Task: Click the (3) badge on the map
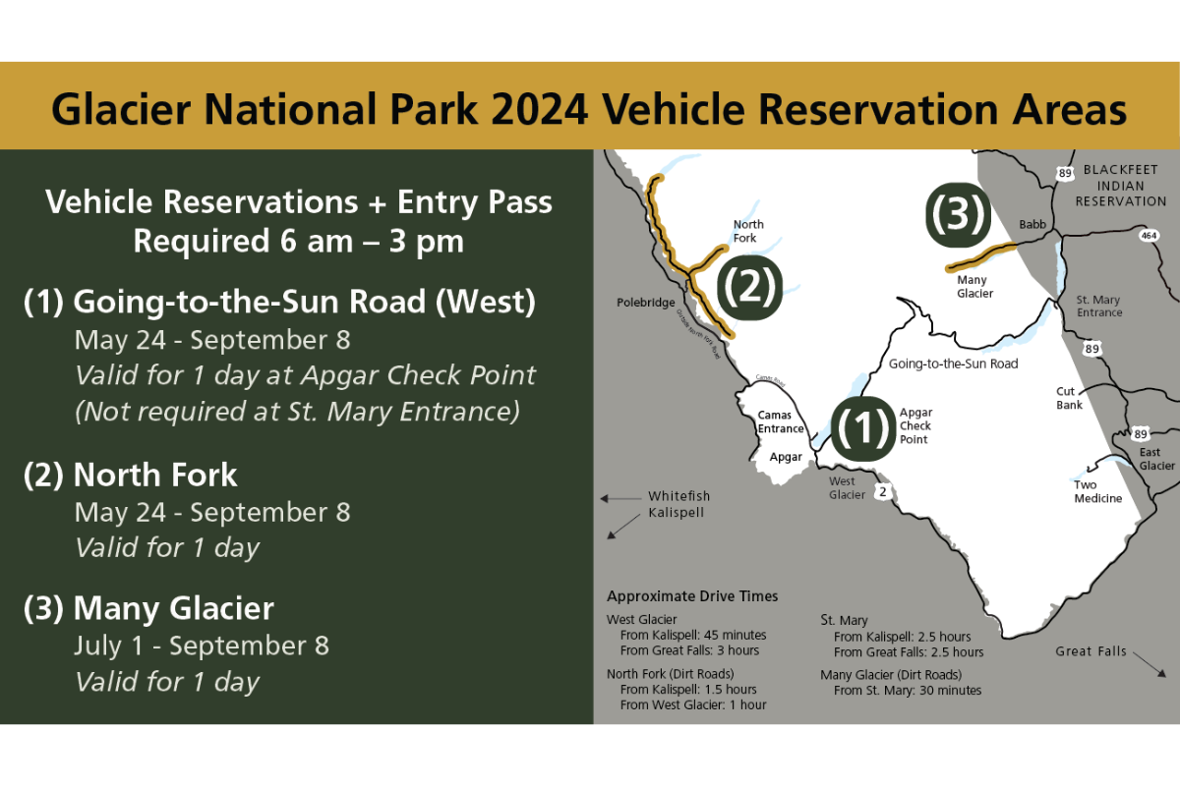point(957,215)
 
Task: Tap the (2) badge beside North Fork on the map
point(748,288)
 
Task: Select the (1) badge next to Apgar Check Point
point(862,427)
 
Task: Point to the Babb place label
point(1032,224)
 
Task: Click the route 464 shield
point(1150,236)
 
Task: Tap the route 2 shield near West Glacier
point(884,490)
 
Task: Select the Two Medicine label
point(1097,491)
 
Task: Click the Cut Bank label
point(1070,397)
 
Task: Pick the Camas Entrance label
point(781,421)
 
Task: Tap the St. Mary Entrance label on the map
point(1098,307)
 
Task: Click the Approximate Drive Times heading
point(692,596)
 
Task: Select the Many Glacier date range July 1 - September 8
point(202,646)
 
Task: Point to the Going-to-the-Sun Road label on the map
point(953,364)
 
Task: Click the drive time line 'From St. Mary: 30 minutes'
point(907,691)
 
